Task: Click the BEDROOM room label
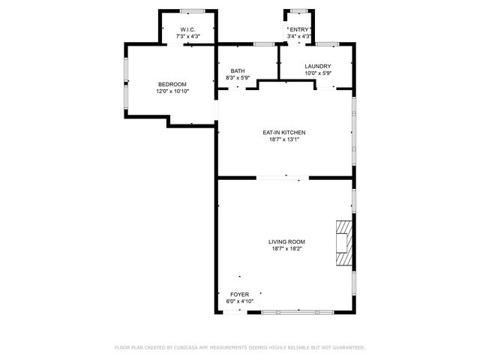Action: tap(172, 84)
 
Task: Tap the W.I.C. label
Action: tap(188, 29)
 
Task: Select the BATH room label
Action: tap(238, 70)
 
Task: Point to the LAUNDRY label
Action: tap(318, 67)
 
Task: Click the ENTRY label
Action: tap(298, 29)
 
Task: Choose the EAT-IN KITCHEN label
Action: tap(283, 132)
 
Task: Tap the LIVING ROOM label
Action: tap(286, 241)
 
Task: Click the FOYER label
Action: tap(240, 294)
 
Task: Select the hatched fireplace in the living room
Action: tap(343, 243)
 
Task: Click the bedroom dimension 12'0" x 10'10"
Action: tap(172, 91)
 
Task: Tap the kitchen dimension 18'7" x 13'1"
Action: tap(283, 139)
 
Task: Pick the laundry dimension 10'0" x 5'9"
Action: tap(318, 73)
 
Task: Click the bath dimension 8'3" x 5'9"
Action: tap(238, 77)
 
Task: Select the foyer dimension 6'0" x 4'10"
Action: tap(240, 301)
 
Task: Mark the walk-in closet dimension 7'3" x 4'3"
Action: tap(188, 36)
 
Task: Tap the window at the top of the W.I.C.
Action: tap(192, 10)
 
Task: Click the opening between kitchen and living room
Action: tap(283, 178)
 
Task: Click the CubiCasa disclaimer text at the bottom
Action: tap(240, 347)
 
